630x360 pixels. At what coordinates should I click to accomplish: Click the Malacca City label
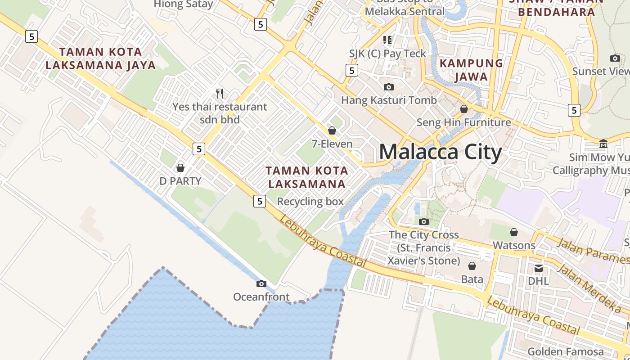440,152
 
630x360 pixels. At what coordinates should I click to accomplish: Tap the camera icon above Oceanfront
261,283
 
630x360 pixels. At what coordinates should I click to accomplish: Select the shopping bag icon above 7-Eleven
332,130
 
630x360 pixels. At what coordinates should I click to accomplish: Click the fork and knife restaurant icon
220,94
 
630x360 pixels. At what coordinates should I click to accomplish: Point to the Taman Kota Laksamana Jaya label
100,58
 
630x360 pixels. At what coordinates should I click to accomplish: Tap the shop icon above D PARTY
180,168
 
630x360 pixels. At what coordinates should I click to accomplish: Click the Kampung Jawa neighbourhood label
471,70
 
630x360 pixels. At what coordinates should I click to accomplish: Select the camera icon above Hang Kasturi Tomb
389,87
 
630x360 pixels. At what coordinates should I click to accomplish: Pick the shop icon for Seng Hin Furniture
464,109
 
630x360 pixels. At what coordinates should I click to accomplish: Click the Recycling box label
310,202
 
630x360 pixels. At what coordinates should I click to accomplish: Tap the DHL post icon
538,269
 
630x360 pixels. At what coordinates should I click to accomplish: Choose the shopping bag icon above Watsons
514,232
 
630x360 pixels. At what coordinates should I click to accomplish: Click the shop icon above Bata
472,266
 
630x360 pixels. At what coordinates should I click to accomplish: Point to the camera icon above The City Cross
423,221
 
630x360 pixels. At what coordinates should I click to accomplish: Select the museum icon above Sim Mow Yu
603,144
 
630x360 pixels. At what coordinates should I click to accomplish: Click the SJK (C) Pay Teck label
387,54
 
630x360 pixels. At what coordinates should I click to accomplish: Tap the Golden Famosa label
566,351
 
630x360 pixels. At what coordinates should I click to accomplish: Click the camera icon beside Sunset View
615,58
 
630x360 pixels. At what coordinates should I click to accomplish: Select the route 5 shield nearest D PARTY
198,148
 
